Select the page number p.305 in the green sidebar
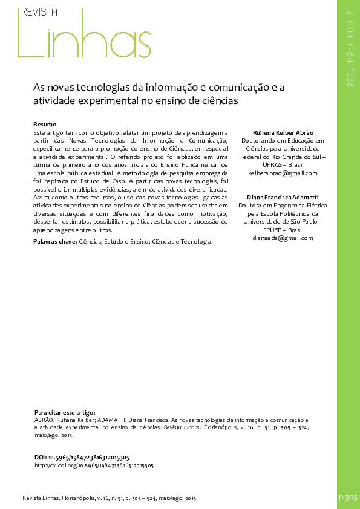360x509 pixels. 348,496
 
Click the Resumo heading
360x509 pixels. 45,124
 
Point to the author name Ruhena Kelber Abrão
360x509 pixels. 283,132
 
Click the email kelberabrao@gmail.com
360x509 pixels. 283,173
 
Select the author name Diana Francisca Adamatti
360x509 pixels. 283,197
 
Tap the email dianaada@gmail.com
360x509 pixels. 283,238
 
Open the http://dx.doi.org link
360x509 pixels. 94,466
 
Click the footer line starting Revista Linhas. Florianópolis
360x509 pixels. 110,498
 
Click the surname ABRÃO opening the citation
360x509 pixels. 44,418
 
